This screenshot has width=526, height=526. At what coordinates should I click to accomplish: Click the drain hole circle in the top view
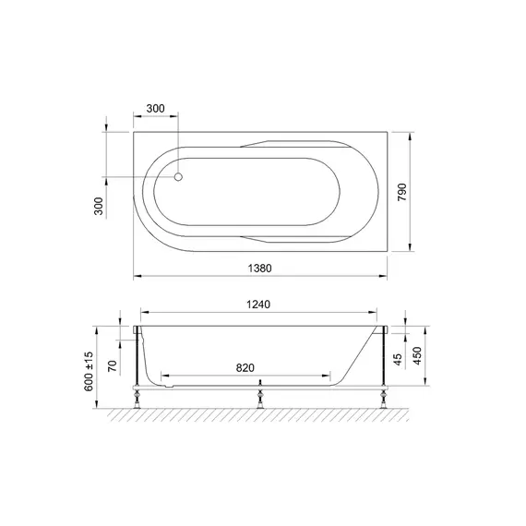tap(178, 177)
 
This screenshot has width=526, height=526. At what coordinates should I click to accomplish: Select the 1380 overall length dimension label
tap(259, 269)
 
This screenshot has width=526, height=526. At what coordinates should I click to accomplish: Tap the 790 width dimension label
tap(401, 192)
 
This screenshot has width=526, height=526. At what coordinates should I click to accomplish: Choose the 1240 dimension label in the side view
tap(258, 305)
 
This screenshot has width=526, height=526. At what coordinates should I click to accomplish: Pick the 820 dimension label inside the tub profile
tap(245, 367)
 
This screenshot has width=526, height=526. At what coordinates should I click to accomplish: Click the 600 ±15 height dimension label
tap(89, 371)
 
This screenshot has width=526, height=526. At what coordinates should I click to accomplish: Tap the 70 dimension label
tap(113, 365)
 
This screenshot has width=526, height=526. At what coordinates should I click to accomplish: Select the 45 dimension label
tap(397, 360)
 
